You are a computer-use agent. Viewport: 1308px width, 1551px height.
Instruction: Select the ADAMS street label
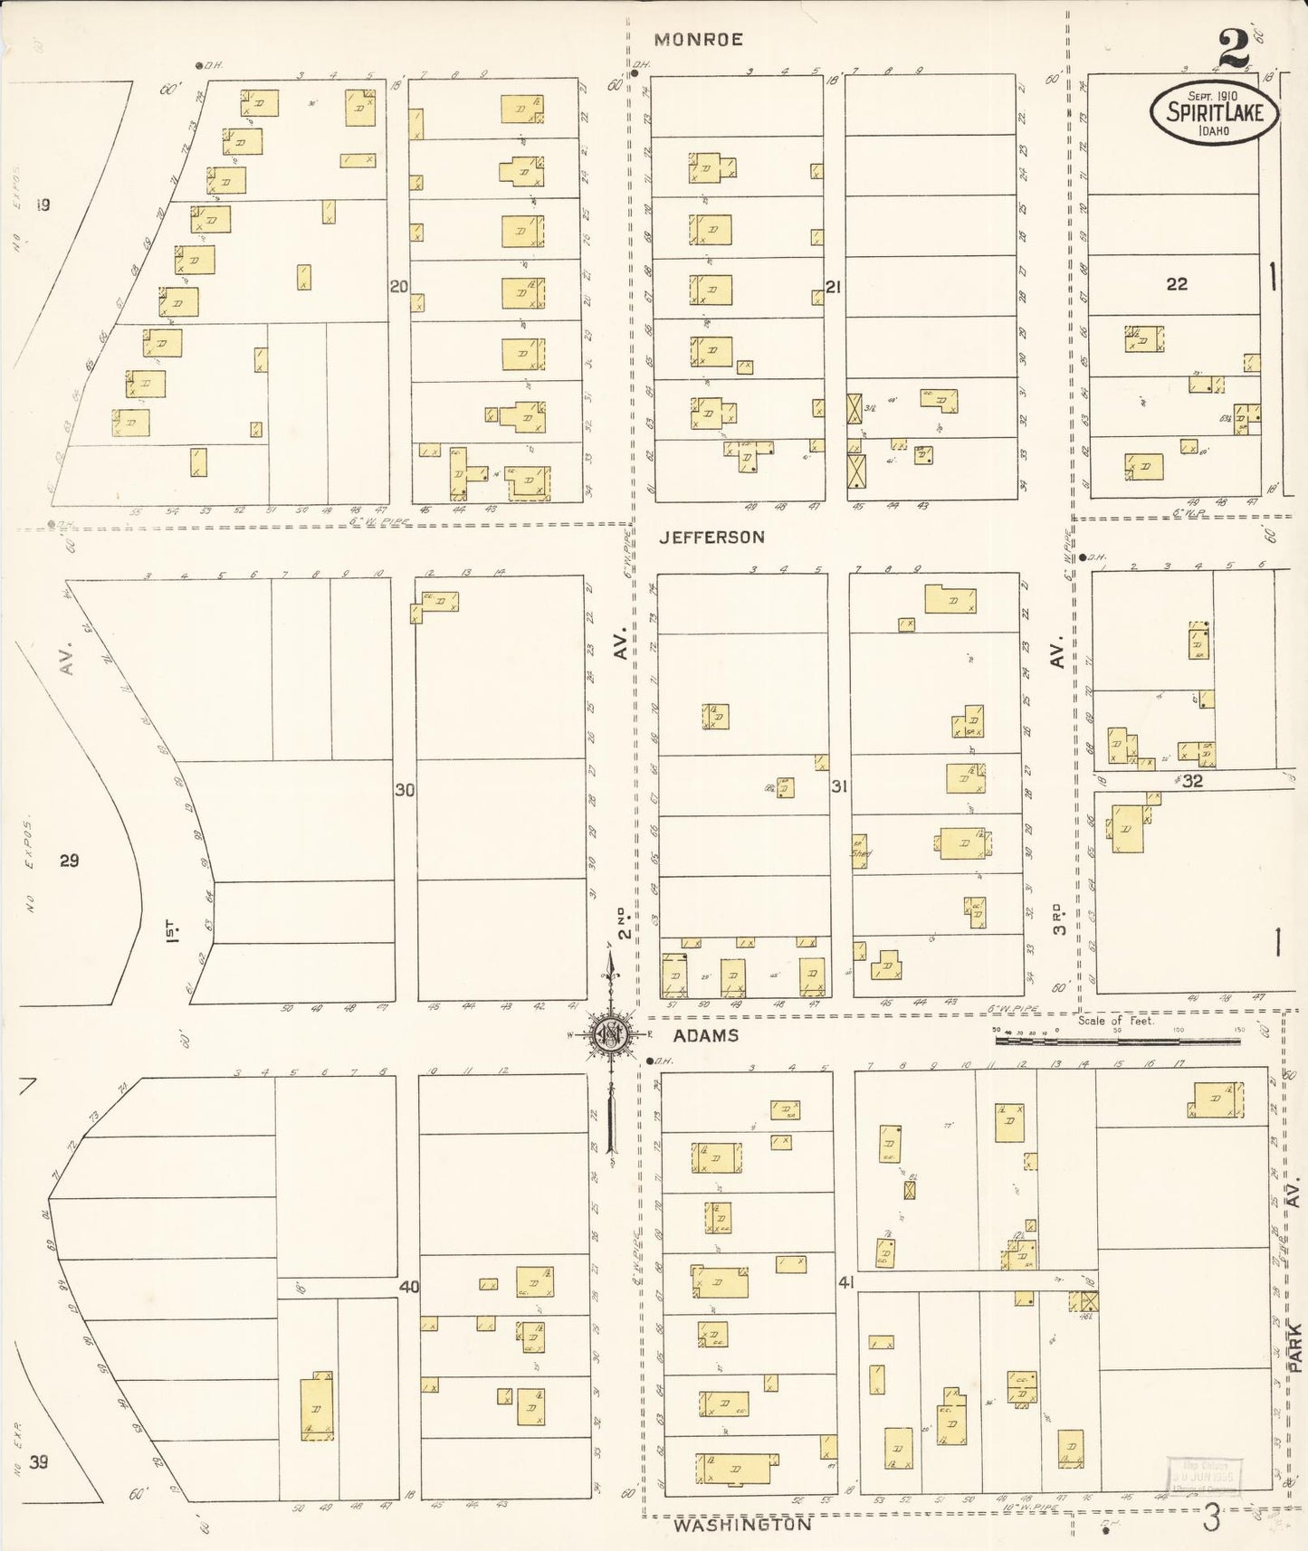click(x=705, y=1035)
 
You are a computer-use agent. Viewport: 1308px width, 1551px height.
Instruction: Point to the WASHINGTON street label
click(x=743, y=1525)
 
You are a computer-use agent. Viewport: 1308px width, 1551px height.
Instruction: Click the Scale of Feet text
click(x=1115, y=1021)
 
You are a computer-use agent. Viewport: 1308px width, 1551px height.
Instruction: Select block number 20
click(x=398, y=287)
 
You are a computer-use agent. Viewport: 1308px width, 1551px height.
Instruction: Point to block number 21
click(x=834, y=287)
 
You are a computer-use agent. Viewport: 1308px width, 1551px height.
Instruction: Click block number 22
click(x=1176, y=284)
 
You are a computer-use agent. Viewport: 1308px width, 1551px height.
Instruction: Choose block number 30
click(x=405, y=790)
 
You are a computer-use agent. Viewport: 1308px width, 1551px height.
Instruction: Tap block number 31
click(x=839, y=787)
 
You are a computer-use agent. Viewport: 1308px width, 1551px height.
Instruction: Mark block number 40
click(x=409, y=1287)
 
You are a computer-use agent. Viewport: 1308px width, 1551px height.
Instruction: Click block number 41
click(x=846, y=1281)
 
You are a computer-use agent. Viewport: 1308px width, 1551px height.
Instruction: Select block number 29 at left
click(x=70, y=861)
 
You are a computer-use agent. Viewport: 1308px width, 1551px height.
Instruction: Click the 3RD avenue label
click(x=1059, y=916)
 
